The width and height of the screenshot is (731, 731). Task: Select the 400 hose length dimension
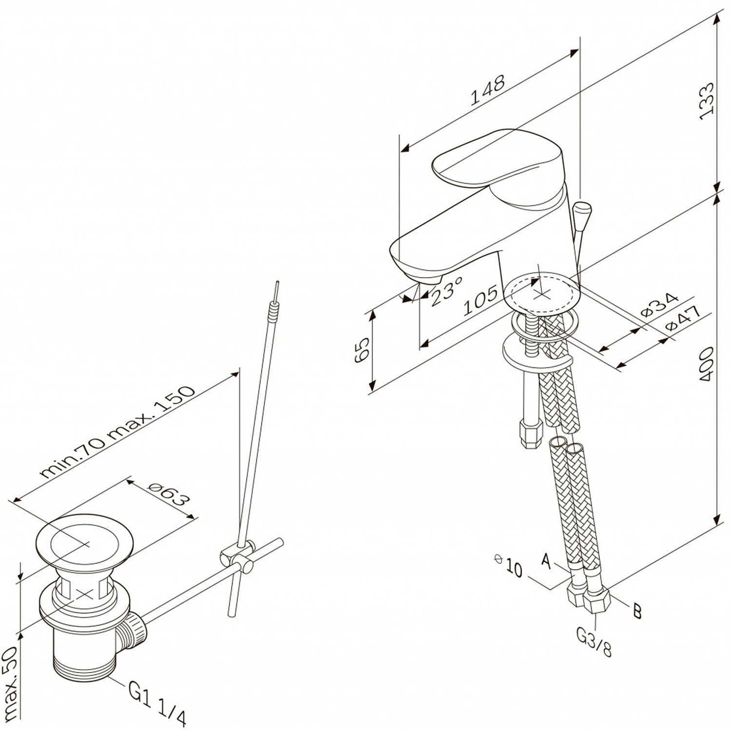click(x=706, y=363)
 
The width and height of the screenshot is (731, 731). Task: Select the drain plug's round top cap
click(x=87, y=542)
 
